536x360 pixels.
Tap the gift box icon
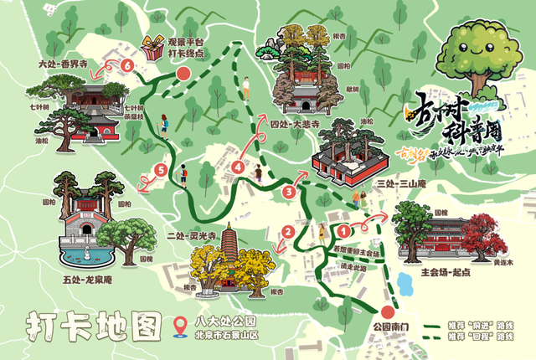click(x=152, y=49)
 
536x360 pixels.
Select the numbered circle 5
click(x=161, y=172)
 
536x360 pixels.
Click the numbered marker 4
click(x=240, y=167)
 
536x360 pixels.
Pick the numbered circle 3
click(x=290, y=193)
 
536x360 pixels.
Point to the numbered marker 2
click(x=287, y=232)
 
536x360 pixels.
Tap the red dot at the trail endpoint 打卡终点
click(x=183, y=75)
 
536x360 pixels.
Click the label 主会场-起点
click(x=449, y=271)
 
